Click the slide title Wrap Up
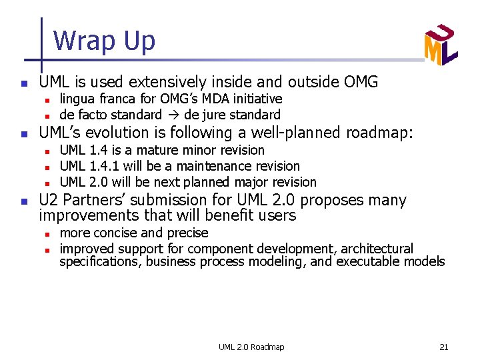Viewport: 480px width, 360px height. pyautogui.click(x=104, y=41)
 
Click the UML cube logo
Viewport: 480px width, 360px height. pyautogui.click(x=441, y=45)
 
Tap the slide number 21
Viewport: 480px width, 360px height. pyautogui.click(x=443, y=347)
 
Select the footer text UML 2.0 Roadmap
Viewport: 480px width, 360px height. pyautogui.click(x=251, y=347)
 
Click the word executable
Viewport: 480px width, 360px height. pyautogui.click(x=371, y=261)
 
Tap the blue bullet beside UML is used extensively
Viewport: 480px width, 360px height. pyautogui.click(x=23, y=84)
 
